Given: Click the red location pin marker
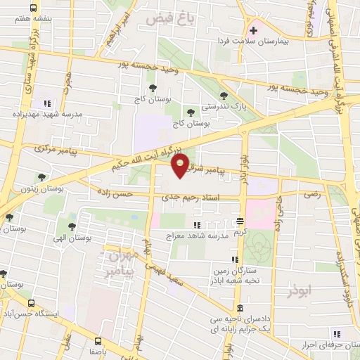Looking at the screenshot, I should tap(180, 166).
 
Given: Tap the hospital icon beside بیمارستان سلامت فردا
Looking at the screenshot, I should tap(253, 30).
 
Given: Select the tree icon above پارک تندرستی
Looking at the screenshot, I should tap(224, 96).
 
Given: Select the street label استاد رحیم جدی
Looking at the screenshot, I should tap(190, 198).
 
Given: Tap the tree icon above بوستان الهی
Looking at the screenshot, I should tap(72, 226).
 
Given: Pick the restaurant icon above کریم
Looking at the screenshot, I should tap(240, 220).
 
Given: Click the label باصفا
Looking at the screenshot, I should tap(98, 349).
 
